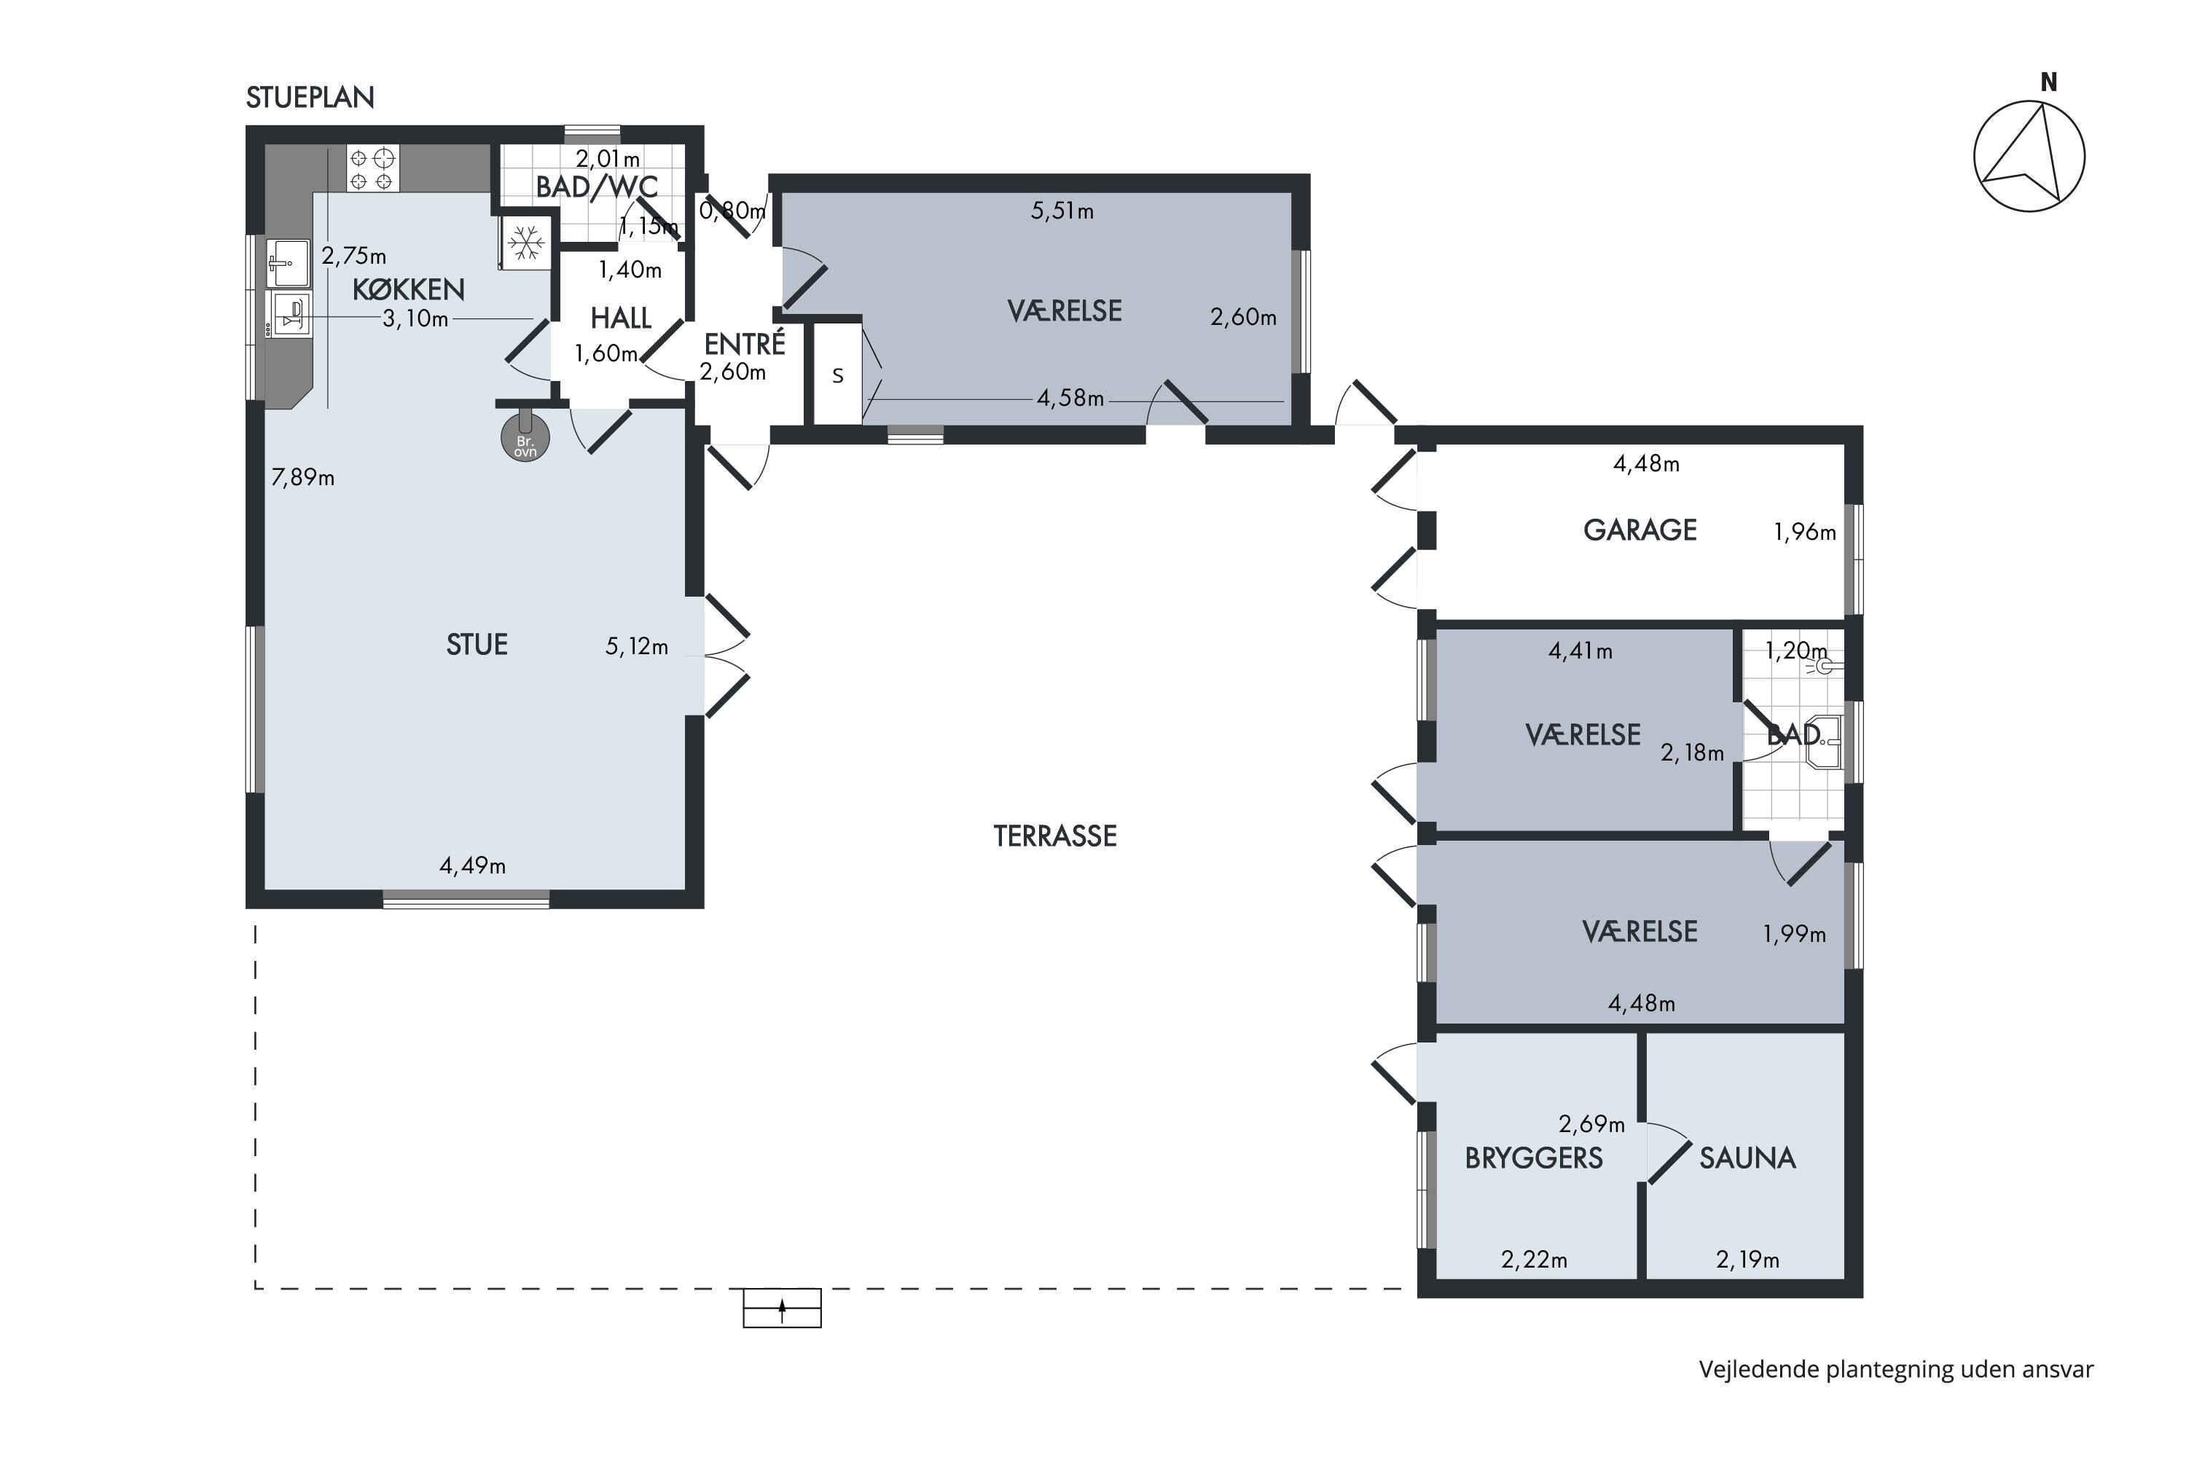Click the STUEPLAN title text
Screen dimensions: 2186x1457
(x=310, y=98)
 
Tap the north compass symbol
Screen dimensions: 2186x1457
(x=2029, y=149)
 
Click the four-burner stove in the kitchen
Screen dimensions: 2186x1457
(x=372, y=168)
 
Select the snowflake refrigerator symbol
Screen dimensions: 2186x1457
(x=526, y=243)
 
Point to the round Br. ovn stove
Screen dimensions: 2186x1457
(x=525, y=438)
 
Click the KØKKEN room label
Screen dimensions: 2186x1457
(x=408, y=289)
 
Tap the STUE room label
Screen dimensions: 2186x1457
(x=477, y=645)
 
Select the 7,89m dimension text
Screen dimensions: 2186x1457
(x=303, y=478)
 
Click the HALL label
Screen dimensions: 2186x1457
(x=620, y=319)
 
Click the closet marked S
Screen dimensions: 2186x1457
(x=837, y=374)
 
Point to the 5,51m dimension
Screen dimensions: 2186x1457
(x=1062, y=211)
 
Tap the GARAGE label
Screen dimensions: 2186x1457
(x=1639, y=530)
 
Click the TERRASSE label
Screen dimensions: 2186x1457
(x=1055, y=836)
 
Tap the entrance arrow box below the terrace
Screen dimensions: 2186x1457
(x=782, y=1308)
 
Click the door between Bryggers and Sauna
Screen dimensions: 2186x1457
(x=1669, y=1153)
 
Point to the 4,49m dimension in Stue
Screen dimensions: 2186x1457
(x=472, y=866)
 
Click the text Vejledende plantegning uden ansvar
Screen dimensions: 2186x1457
(x=1896, y=1370)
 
